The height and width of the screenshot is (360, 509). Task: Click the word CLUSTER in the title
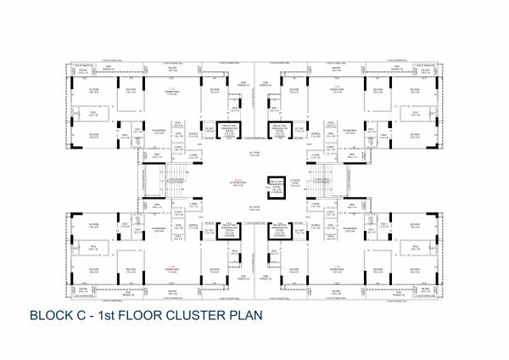click(x=199, y=315)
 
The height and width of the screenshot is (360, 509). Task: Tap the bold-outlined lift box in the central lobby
click(x=275, y=189)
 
